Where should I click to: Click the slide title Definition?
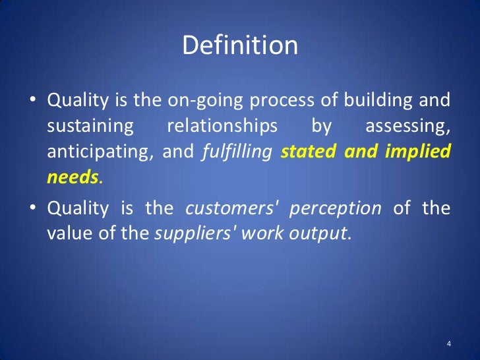pos(240,46)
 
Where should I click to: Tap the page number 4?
pos(448,344)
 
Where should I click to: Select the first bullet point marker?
pos(32,101)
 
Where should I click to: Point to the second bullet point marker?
pos(32,209)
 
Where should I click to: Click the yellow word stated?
pos(303,152)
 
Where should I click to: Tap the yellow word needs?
pos(72,177)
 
